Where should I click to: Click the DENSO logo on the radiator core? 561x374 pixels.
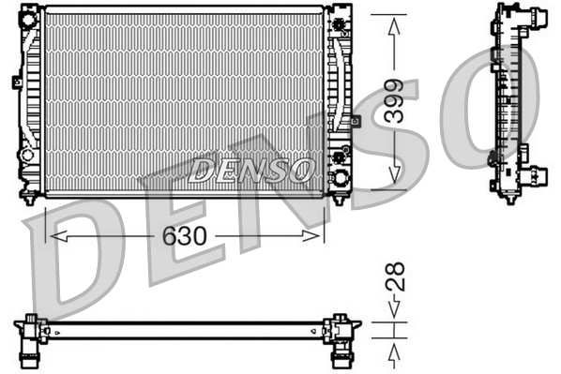coord(250,169)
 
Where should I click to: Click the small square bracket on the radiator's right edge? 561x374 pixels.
coord(356,120)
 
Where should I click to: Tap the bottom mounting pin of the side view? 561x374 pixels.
coord(509,197)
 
